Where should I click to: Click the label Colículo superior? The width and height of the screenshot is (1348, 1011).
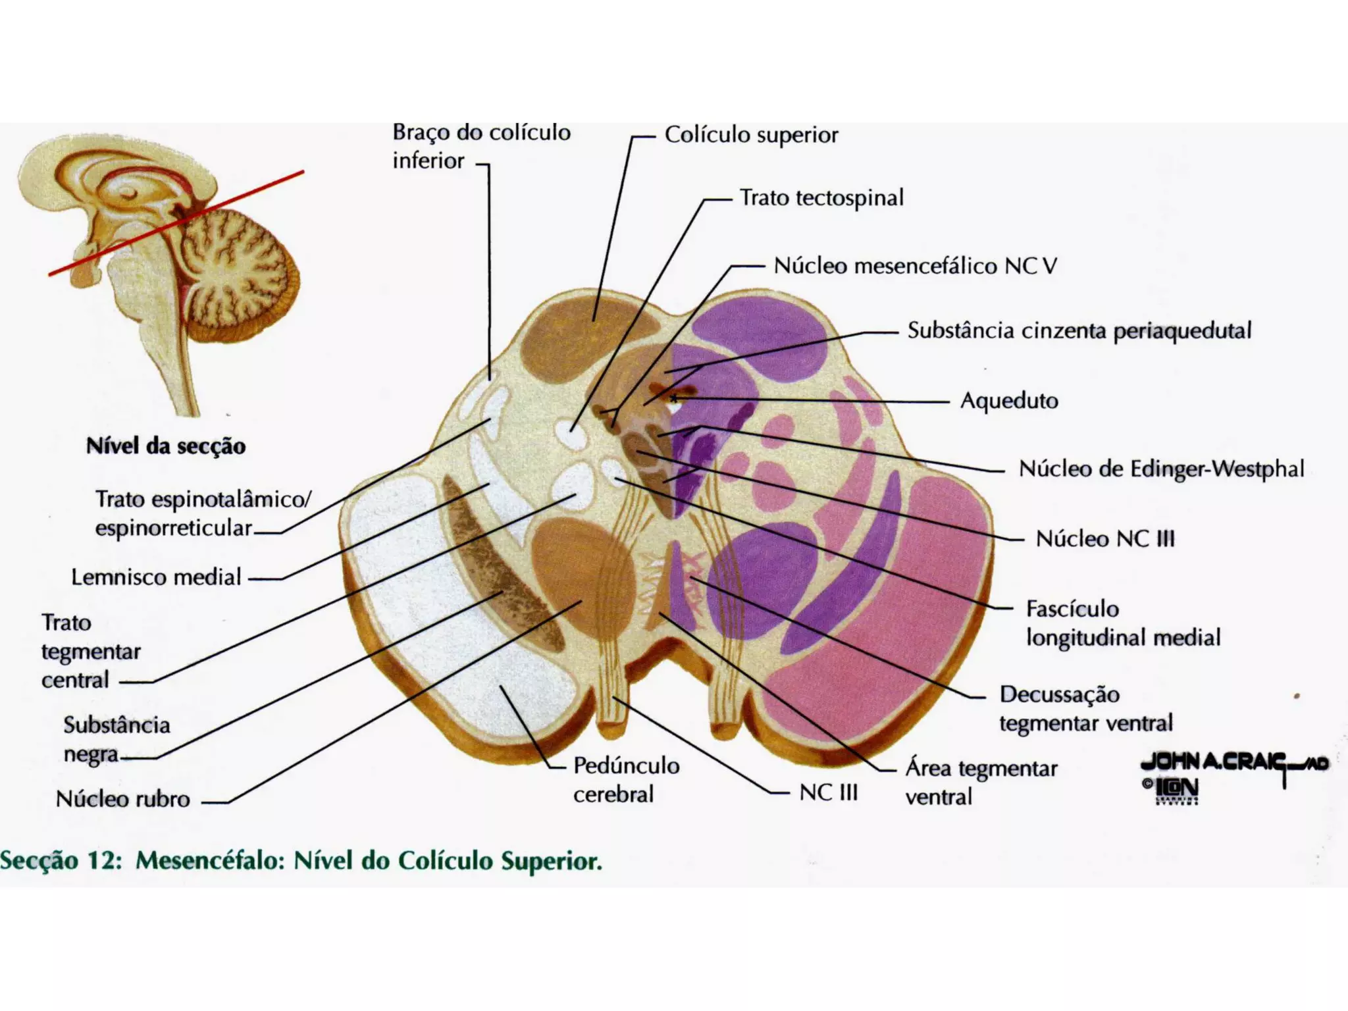tap(751, 135)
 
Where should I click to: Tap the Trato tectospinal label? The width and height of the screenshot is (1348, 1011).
tap(821, 197)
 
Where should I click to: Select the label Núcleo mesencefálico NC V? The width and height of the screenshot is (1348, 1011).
tap(915, 266)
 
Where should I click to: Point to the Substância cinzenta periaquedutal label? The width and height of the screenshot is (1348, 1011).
tap(1079, 330)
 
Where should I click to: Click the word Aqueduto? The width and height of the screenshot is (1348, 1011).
tap(1009, 400)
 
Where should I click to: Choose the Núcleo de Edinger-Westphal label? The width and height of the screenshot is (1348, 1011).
tap(1161, 469)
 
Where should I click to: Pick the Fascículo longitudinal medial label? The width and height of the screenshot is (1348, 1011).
tap(1123, 623)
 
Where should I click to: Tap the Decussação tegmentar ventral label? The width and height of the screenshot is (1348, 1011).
tap(1085, 708)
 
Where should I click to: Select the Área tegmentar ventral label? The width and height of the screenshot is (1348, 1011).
tap(981, 782)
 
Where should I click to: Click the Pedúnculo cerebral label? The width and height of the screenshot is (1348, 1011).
tap(626, 779)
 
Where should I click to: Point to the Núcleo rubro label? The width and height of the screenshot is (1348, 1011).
tap(123, 799)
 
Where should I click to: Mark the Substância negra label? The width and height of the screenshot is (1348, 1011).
tap(117, 739)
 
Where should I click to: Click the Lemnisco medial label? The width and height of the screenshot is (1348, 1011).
tap(157, 577)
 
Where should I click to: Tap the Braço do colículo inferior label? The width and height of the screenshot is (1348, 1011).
tap(481, 146)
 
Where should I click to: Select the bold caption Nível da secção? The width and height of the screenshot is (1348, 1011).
tap(166, 446)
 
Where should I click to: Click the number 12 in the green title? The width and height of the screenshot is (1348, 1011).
tap(104, 861)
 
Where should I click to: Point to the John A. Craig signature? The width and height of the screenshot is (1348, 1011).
tap(1234, 763)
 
